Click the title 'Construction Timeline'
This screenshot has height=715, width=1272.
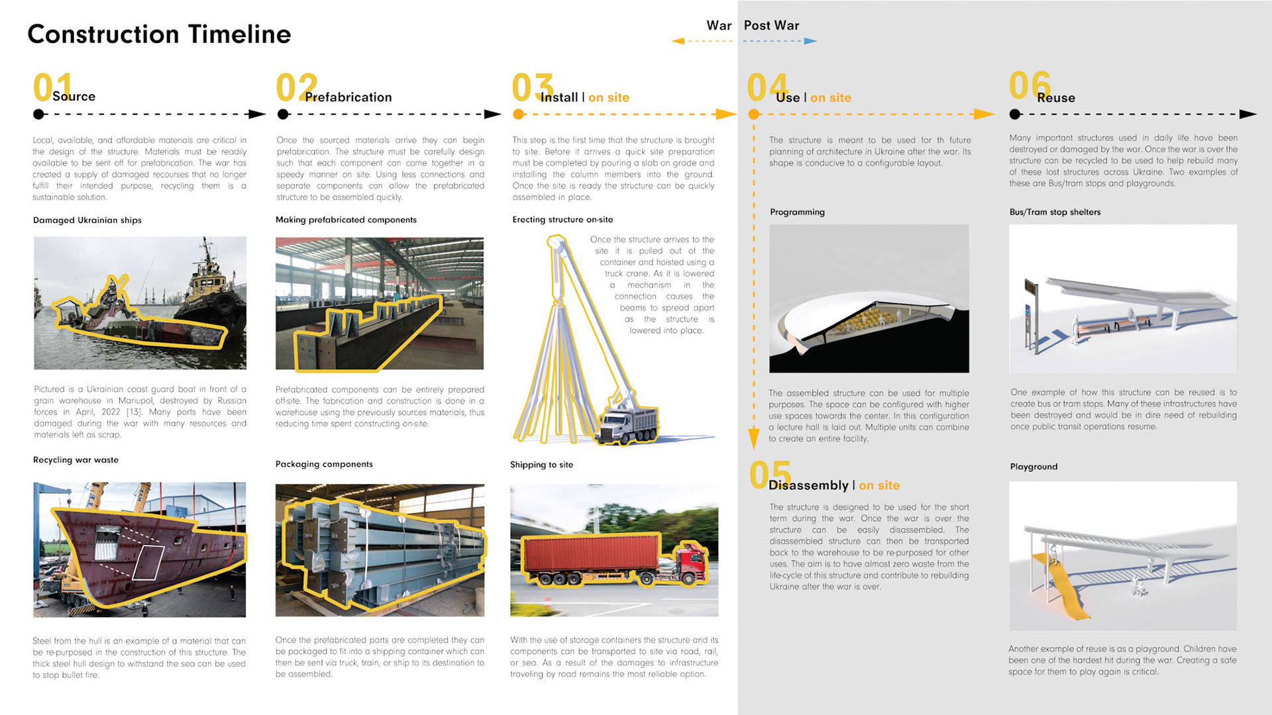click(159, 34)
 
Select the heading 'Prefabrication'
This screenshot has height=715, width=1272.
click(348, 97)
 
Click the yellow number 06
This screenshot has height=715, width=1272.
click(1029, 85)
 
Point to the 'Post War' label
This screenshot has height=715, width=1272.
click(771, 26)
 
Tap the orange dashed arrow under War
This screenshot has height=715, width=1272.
click(702, 41)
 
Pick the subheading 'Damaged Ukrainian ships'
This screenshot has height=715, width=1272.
click(87, 220)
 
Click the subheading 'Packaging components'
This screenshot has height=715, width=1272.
click(324, 464)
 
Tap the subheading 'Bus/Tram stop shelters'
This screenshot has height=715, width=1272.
click(1055, 213)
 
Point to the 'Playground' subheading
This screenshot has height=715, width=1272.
click(1033, 467)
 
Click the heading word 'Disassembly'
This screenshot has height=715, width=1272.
click(808, 485)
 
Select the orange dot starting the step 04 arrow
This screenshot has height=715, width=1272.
click(754, 115)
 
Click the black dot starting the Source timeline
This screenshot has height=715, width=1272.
click(39, 115)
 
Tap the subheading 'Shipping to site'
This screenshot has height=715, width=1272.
click(541, 465)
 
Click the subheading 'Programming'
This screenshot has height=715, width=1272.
click(797, 213)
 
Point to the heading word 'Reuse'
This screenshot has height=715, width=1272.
click(1056, 98)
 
